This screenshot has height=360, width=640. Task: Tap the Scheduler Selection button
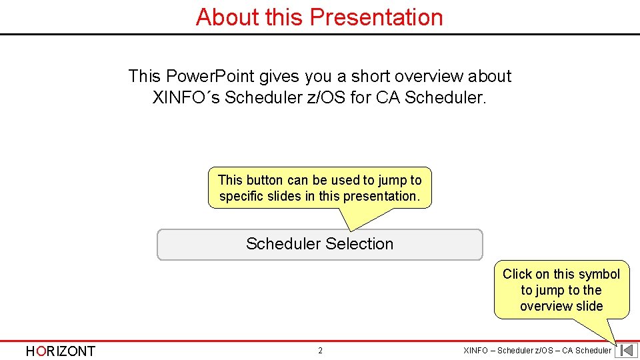[319, 245]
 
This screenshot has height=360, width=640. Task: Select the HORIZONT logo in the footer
[60, 351]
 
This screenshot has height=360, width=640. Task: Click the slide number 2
[320, 351]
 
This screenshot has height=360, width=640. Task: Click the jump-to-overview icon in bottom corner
[626, 351]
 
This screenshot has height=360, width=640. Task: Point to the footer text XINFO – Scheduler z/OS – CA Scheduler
[537, 351]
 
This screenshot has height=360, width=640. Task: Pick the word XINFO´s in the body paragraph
[186, 97]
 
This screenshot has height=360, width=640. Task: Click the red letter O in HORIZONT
[42, 351]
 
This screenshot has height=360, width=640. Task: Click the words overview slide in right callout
[561, 306]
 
